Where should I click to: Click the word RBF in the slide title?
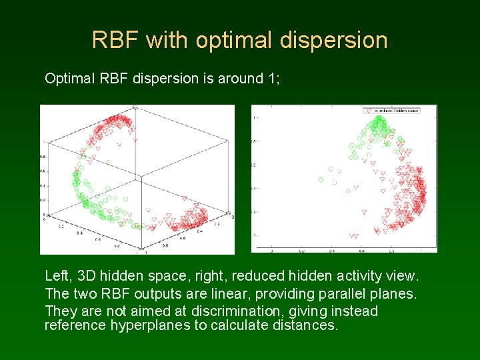(116, 40)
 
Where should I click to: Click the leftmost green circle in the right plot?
(321, 179)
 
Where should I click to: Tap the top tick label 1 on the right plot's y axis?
(256, 117)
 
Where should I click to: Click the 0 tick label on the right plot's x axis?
(331, 251)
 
